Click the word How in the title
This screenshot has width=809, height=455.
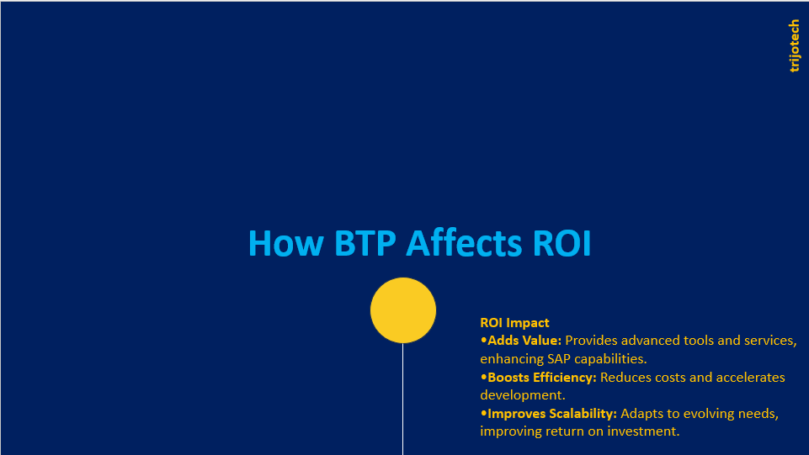tap(286, 243)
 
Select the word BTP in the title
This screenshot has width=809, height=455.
tap(365, 243)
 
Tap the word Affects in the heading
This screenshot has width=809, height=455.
tap(464, 243)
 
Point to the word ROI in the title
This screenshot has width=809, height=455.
tap(562, 243)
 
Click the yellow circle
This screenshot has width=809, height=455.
tap(403, 310)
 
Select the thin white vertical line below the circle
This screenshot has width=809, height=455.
tap(403, 399)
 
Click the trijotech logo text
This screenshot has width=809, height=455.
tap(794, 46)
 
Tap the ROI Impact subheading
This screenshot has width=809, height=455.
tap(514, 323)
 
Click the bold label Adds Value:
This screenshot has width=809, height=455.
tap(524, 341)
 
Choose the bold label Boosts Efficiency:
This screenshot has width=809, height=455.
tap(542, 377)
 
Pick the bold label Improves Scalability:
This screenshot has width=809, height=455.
tap(552, 414)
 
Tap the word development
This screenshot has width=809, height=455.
tap(523, 396)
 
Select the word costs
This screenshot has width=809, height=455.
tap(670, 378)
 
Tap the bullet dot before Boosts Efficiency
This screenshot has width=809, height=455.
tap(483, 377)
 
